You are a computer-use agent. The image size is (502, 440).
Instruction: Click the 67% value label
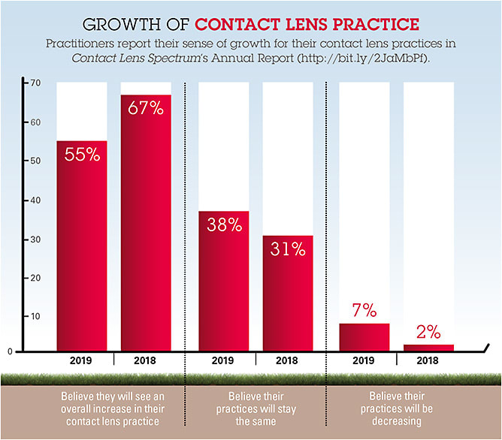coord(146,108)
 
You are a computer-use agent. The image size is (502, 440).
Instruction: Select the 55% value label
coord(82,154)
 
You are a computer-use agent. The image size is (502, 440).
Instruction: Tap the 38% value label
coord(223,224)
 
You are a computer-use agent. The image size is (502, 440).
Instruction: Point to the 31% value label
coord(288,249)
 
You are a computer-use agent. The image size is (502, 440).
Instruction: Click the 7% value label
coord(364,309)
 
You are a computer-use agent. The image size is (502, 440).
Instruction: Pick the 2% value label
coord(428,331)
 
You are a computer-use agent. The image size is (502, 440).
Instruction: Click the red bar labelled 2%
coord(428,347)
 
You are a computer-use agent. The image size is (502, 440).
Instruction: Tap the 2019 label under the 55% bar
coord(82,360)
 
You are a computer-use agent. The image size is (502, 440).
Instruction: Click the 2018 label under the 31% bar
coord(288,360)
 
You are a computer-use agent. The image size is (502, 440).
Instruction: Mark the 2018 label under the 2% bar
coord(428,360)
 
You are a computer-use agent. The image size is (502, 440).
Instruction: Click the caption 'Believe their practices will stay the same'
coord(256,407)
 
